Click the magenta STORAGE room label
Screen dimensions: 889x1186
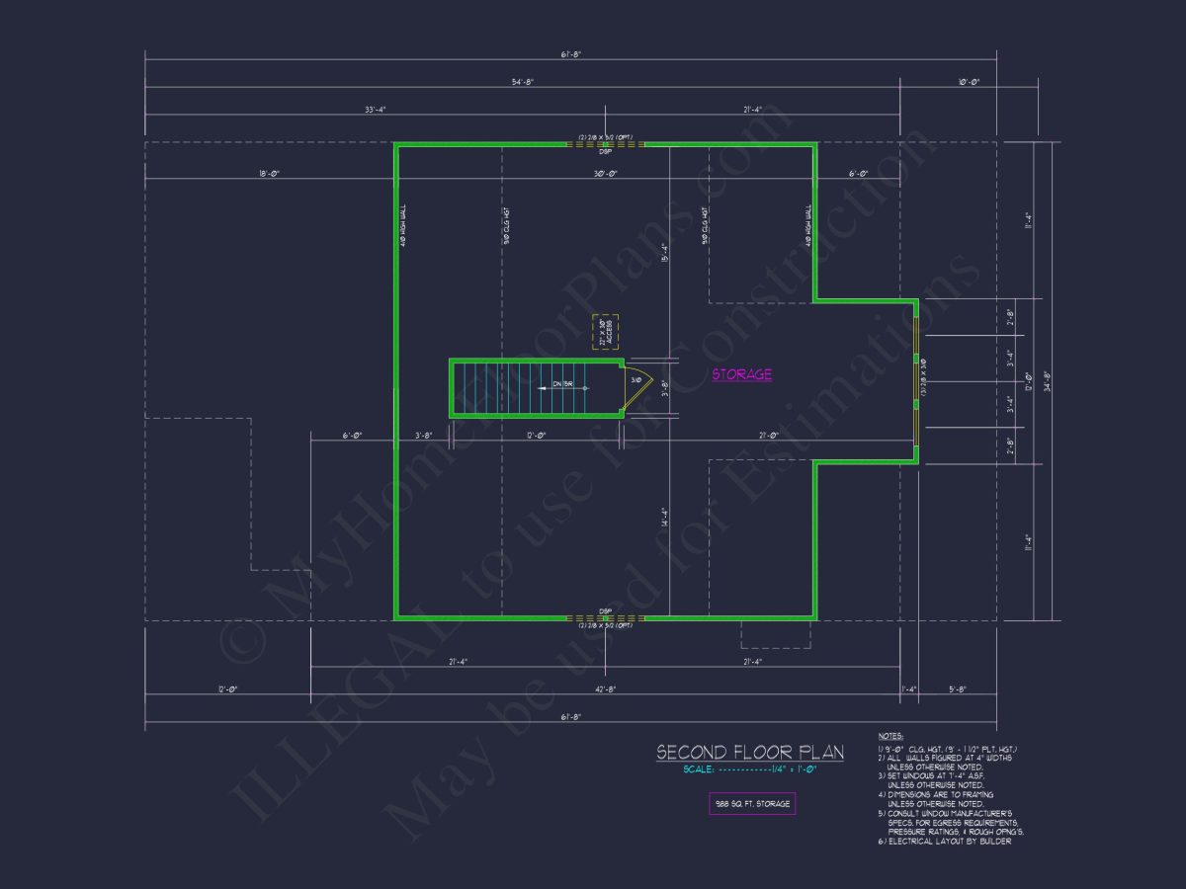[741, 374]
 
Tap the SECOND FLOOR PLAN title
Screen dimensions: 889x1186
[750, 753]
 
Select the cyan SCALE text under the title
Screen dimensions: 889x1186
[750, 770]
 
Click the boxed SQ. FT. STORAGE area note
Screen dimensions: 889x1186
[752, 804]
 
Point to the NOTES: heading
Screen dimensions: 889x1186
[889, 736]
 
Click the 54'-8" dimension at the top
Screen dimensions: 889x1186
[522, 82]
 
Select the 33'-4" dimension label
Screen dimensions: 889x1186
[375, 110]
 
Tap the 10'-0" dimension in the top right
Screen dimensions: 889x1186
[968, 82]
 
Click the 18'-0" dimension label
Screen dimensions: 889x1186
[269, 174]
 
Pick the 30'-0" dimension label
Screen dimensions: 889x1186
[605, 174]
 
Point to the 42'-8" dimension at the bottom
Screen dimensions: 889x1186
[605, 689]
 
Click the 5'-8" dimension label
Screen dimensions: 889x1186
[957, 689]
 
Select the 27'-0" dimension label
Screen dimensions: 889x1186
[769, 436]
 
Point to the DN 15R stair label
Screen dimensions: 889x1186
[563, 383]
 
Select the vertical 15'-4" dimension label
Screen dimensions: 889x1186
[665, 253]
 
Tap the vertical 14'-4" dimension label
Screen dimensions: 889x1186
[665, 518]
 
